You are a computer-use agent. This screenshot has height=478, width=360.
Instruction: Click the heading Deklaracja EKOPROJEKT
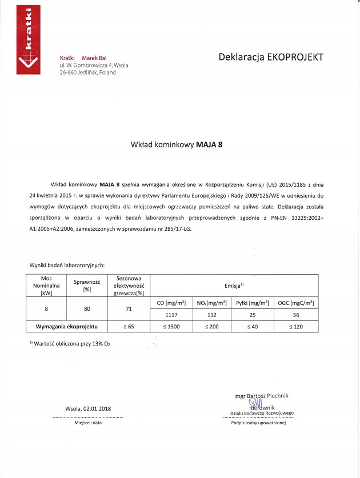[271, 57]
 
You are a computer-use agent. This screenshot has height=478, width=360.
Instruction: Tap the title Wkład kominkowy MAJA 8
[177, 144]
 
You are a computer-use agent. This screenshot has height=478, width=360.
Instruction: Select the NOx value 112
[210, 315]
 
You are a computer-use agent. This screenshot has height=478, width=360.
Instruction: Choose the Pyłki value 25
[251, 315]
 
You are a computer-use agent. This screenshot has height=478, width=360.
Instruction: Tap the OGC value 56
[295, 315]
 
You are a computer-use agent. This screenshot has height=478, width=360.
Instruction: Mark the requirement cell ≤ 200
[210, 326]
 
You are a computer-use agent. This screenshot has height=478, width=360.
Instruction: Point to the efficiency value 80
[87, 308]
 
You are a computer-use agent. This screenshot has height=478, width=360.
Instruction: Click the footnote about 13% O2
[65, 343]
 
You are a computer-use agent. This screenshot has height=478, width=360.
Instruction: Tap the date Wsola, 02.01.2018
[88, 409]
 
